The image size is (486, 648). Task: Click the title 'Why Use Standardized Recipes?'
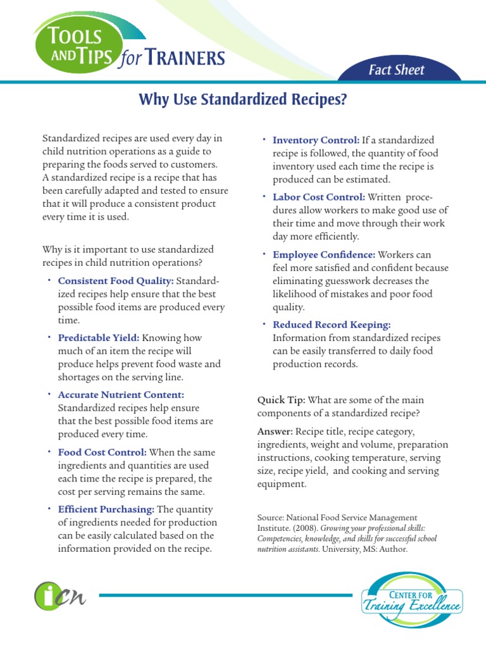pos(243,101)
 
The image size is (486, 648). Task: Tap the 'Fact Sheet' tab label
pos(397,70)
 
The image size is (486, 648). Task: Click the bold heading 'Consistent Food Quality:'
pos(116,280)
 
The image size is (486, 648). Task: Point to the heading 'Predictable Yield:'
pos(99,338)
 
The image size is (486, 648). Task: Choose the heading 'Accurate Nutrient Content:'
pos(121,395)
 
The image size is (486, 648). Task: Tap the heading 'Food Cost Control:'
pos(102,452)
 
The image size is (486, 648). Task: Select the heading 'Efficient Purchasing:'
pos(106,509)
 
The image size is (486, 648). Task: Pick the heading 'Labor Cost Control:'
pos(318,197)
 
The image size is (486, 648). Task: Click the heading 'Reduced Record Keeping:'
pos(331,324)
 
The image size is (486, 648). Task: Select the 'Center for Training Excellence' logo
pos(411,598)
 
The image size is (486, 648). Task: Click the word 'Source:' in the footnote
pos(272,517)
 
